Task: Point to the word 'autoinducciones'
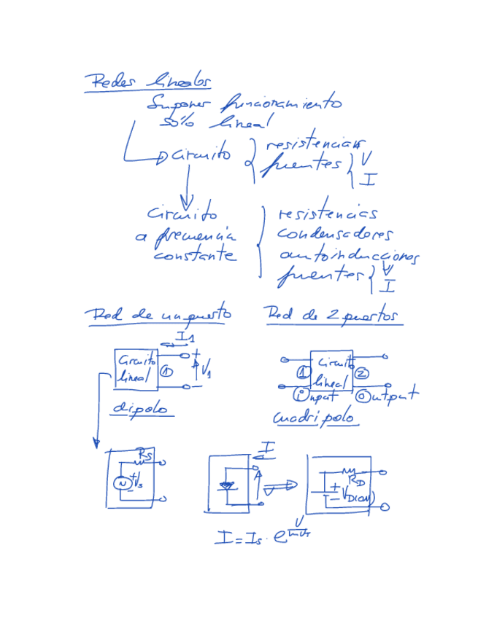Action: (x=349, y=257)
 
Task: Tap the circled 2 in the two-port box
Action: (x=363, y=374)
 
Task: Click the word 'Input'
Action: (x=318, y=396)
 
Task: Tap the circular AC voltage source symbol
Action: (x=123, y=482)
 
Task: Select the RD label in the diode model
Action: (x=357, y=480)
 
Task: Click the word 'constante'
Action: (x=195, y=256)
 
